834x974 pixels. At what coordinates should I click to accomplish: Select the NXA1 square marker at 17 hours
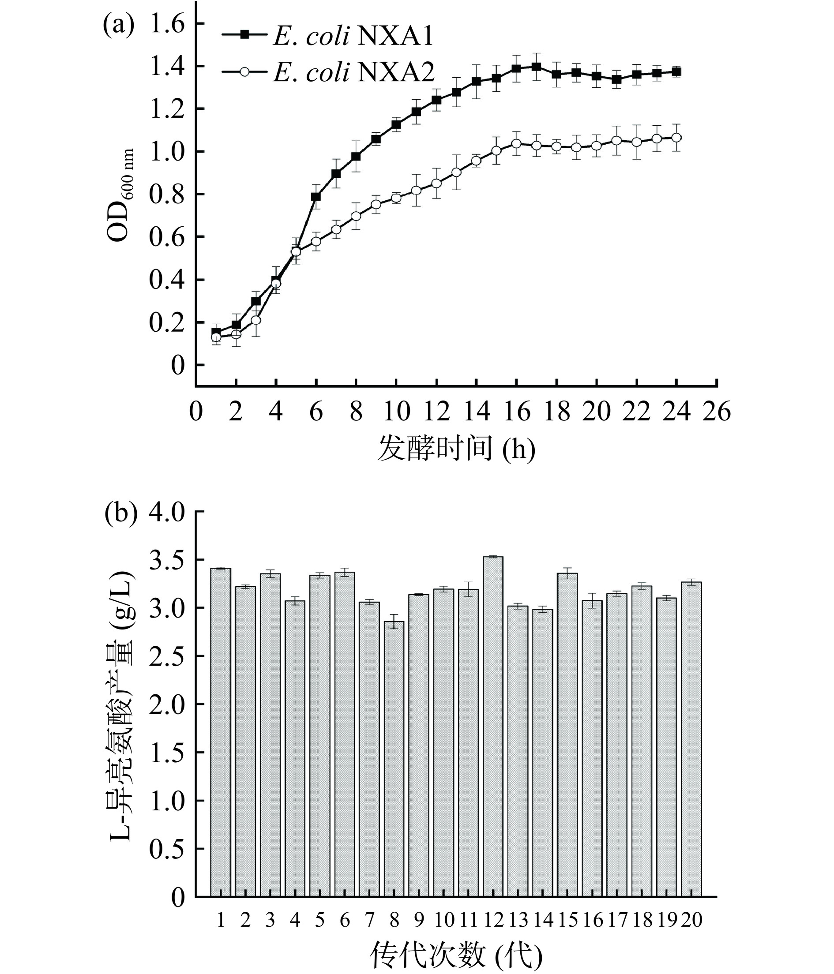tap(536, 67)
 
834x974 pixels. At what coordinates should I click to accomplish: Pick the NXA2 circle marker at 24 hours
tap(676, 138)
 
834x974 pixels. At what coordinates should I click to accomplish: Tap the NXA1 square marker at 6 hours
tap(316, 196)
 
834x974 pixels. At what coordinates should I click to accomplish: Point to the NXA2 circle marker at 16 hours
tap(516, 143)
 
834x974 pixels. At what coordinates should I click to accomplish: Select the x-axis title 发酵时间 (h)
tap(456, 449)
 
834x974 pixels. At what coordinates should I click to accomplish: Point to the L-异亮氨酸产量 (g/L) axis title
tap(121, 705)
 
